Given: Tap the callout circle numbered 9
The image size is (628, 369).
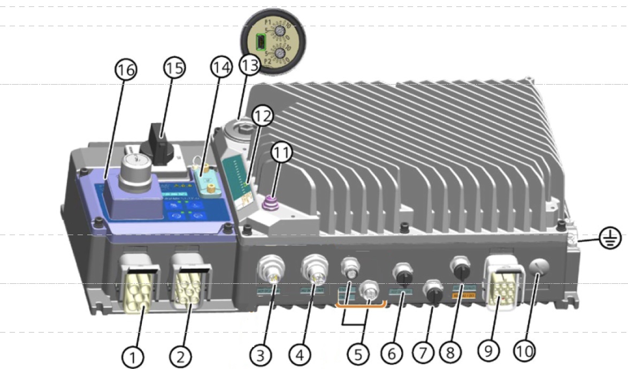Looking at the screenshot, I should (488, 350).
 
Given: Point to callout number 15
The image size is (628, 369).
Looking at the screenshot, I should (174, 68).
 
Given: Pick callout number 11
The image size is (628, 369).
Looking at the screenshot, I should (281, 154).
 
